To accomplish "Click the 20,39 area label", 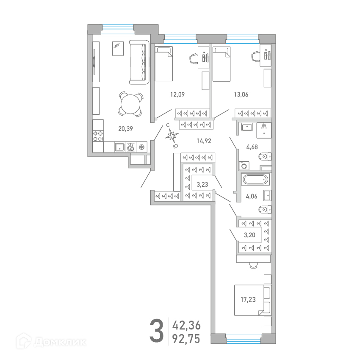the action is [126, 129].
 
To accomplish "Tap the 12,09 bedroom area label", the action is [177, 94].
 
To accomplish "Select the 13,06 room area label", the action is [241, 94].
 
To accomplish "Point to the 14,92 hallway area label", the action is [204, 141].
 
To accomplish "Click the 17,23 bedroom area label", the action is [248, 299].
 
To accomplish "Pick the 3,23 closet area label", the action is [202, 185].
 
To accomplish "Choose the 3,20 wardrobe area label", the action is [249, 235].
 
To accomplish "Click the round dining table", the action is [130, 105].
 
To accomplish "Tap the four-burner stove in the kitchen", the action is [98, 136].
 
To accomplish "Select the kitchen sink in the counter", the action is [119, 147].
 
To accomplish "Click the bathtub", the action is [255, 180].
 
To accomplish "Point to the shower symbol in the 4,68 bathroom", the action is [264, 130].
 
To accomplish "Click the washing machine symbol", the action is [244, 166].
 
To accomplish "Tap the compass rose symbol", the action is [172, 136].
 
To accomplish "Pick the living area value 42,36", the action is [186, 326].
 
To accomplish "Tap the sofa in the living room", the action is [139, 62].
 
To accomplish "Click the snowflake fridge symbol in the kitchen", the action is [142, 147].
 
